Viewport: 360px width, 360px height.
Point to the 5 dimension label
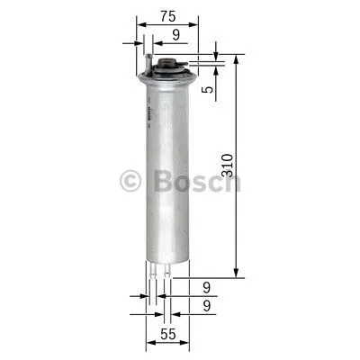coord(207,89)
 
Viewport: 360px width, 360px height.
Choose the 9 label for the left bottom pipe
coord(208,289)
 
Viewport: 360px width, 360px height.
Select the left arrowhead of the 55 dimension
coord(148,345)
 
